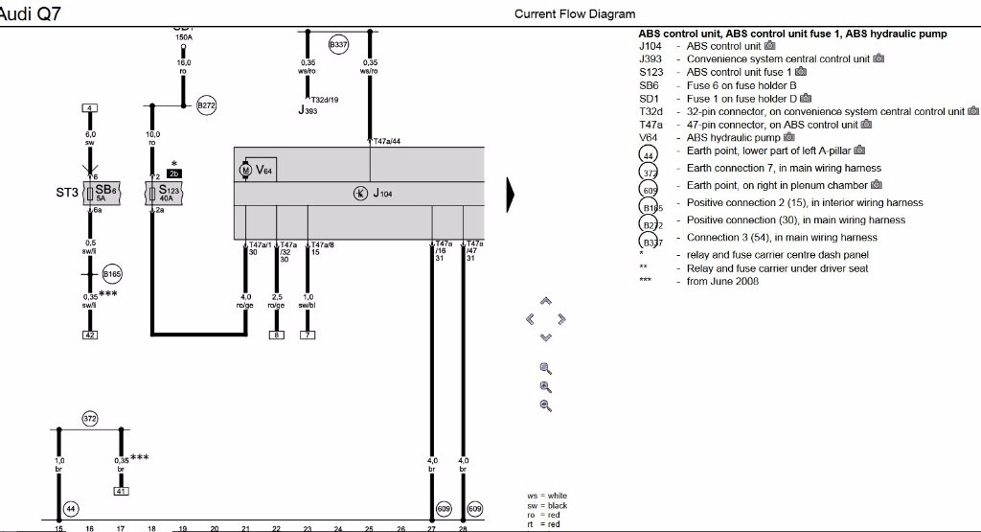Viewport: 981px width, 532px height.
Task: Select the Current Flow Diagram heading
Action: coord(575,13)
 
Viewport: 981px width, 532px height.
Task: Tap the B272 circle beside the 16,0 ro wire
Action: coord(207,105)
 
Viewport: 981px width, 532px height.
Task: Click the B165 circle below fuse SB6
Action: coord(112,273)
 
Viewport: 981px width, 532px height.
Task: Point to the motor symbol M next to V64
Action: coord(244,170)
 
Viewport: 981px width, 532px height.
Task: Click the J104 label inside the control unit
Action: coord(382,194)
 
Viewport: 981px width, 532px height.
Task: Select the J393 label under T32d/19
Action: coord(307,111)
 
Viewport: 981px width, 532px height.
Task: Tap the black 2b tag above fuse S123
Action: coord(174,173)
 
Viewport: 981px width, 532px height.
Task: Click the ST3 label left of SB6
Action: coord(67,192)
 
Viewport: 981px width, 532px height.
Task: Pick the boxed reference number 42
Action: coord(90,335)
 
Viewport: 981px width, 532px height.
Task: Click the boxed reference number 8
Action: coord(277,335)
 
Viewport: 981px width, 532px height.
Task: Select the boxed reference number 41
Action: coord(121,491)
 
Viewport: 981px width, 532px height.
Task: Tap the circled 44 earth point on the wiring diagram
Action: coord(70,508)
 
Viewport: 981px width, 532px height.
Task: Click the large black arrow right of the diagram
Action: coord(512,194)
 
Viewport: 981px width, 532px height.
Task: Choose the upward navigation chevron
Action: coord(546,301)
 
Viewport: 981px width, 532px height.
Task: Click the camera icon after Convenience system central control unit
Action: coord(879,58)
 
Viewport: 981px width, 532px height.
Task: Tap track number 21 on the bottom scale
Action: coord(245,528)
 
